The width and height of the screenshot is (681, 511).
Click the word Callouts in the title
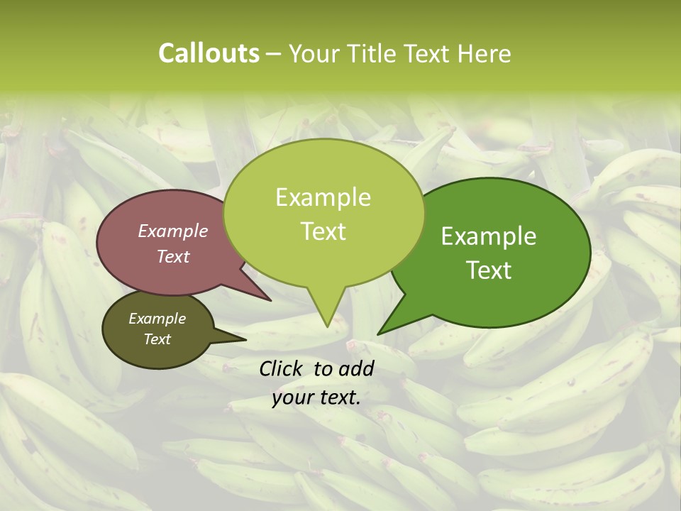coord(209,54)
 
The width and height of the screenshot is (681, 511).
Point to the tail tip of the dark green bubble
coord(379,334)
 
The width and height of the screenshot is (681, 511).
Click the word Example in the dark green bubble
coord(489,236)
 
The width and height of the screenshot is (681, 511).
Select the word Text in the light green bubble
coord(323,231)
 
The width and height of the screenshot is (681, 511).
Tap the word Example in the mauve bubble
coord(173,231)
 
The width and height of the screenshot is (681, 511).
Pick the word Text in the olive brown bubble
coord(157,339)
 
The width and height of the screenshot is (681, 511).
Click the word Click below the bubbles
coord(282,368)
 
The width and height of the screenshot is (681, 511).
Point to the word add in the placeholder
coord(356,368)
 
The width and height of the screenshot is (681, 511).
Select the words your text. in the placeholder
coord(316,397)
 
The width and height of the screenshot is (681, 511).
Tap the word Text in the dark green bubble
coord(489,270)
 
